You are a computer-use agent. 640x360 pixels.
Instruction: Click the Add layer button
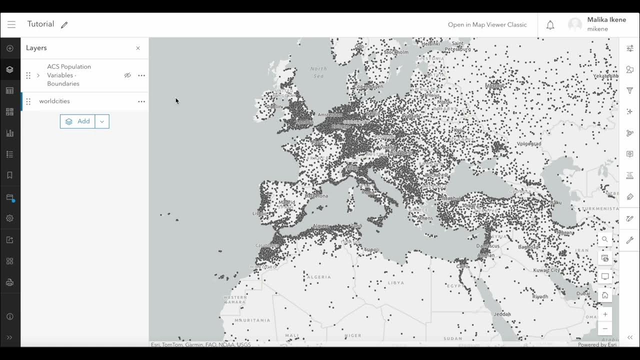click(78, 121)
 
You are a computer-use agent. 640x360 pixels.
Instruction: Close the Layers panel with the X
click(138, 48)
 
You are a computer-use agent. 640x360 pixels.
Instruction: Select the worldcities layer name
click(54, 101)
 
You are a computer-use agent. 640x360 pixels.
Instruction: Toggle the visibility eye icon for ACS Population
click(127, 75)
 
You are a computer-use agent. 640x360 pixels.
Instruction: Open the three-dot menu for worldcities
click(141, 101)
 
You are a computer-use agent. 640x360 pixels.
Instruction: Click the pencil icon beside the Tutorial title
click(64, 25)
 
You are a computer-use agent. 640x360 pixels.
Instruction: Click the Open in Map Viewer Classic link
click(487, 24)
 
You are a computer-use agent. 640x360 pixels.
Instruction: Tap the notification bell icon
click(550, 25)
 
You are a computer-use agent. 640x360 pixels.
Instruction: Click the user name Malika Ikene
click(606, 20)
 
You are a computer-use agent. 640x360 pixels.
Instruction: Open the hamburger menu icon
click(11, 24)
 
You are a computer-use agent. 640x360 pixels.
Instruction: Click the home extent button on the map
click(605, 295)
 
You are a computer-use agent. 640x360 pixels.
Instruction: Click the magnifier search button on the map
click(605, 239)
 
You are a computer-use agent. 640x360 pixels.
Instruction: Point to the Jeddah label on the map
click(501, 314)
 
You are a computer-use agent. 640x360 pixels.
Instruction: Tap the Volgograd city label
click(529, 143)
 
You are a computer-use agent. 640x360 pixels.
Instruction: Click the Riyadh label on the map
click(540, 296)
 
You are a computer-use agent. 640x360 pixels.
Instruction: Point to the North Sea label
click(318, 72)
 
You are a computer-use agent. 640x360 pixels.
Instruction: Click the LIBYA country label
click(396, 282)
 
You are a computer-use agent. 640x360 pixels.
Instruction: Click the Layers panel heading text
click(36, 48)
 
